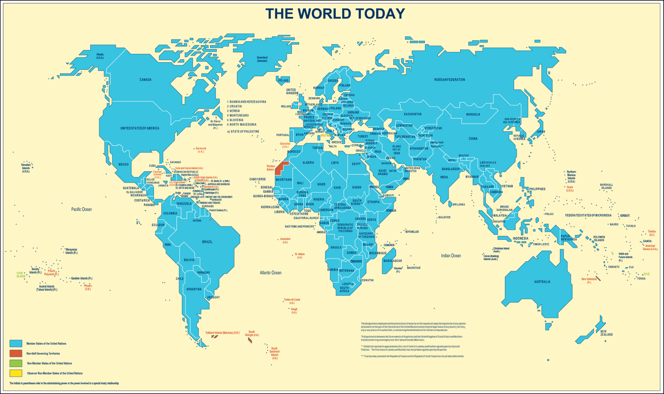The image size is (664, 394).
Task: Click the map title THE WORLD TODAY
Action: [335, 14]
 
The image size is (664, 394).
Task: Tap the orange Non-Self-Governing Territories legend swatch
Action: [16, 353]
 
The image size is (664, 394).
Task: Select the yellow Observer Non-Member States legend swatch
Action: [16, 373]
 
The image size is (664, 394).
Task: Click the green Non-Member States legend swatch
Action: [16, 363]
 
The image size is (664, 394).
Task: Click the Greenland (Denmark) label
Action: [262, 59]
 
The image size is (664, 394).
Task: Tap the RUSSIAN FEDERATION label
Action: [449, 80]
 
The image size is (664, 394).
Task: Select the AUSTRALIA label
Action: [542, 282]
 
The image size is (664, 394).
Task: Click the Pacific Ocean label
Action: [81, 209]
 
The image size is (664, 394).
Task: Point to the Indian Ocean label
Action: [451, 256]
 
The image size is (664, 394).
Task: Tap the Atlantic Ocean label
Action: [270, 273]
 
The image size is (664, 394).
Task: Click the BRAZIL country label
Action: [207, 242]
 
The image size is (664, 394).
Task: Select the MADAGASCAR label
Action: [392, 261]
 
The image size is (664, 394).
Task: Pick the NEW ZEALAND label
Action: [606, 333]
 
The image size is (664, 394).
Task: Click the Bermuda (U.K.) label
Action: [201, 150]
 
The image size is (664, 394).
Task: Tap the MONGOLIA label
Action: [473, 115]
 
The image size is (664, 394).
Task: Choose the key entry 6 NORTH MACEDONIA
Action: [243, 125]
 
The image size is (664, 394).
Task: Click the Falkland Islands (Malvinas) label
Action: [223, 333]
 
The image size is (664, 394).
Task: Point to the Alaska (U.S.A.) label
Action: [100, 56]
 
